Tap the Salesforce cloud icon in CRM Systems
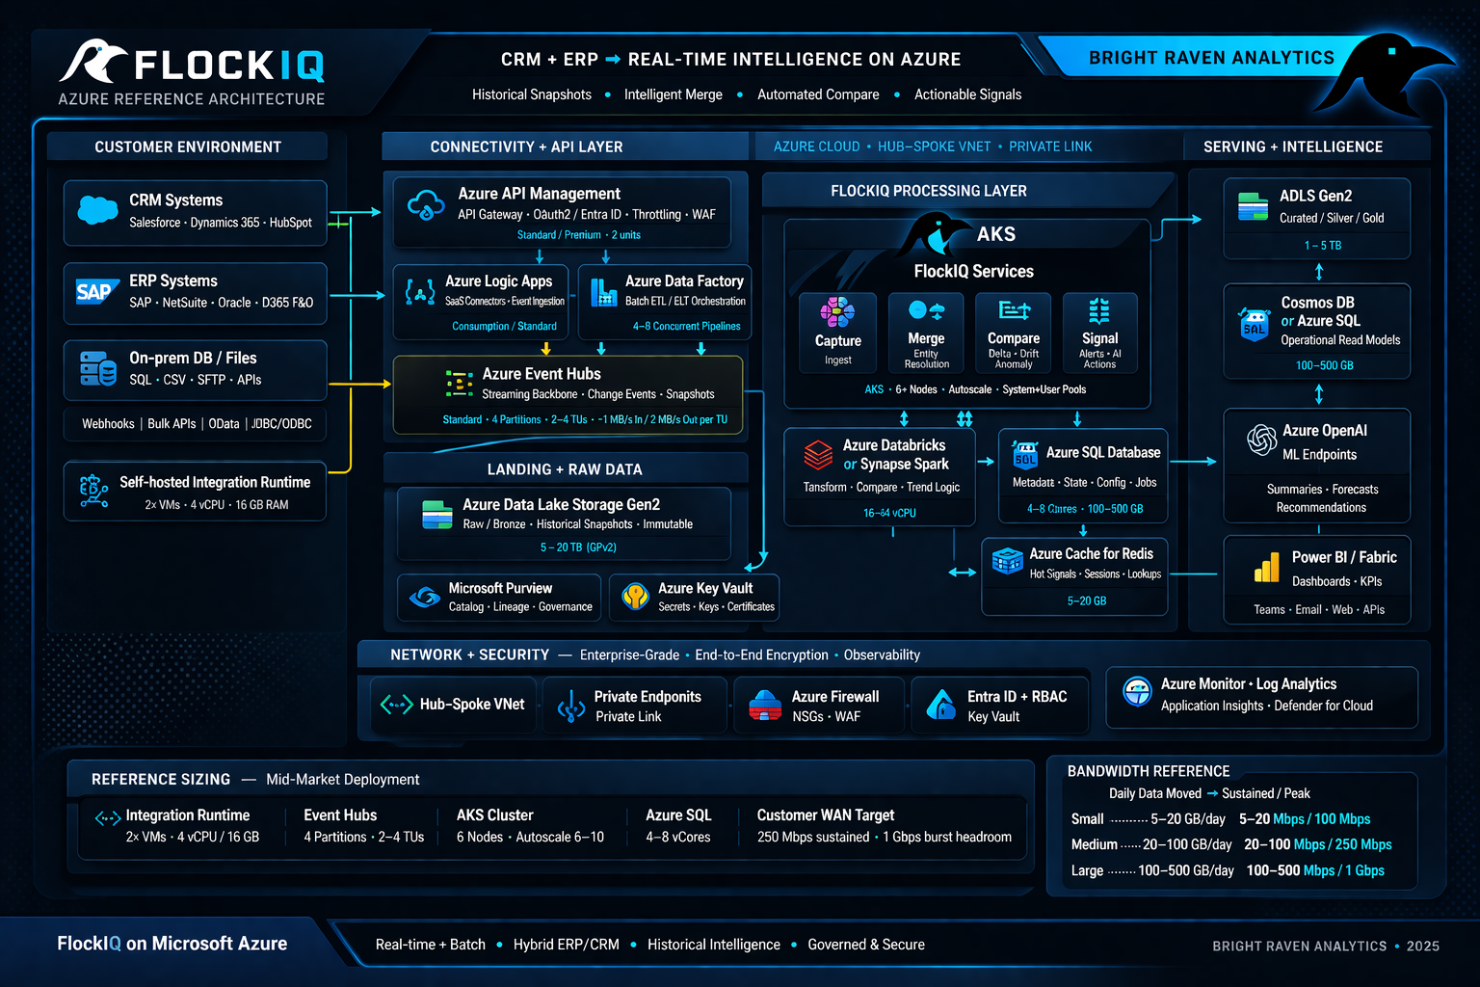coord(97,209)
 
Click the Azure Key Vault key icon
coord(635,597)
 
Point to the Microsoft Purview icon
coord(424,598)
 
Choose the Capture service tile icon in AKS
coord(837,312)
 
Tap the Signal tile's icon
coord(1099,310)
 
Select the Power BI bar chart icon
coord(1266,568)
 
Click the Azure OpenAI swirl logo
coord(1261,440)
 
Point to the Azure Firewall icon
coord(765,706)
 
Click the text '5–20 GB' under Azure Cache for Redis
coord(1087,600)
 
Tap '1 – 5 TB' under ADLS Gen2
coord(1322,246)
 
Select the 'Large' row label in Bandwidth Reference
coord(1087,870)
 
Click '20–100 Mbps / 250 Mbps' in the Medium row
coord(1317,844)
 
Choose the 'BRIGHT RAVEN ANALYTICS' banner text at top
coord(1211,58)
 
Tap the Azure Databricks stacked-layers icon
coord(818,453)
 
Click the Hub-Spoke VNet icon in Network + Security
coord(396,705)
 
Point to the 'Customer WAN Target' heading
coord(825,815)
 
